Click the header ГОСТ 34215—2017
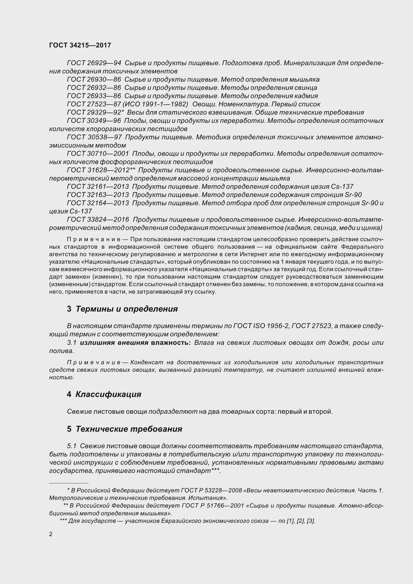(x=80, y=45)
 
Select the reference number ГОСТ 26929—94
(x=94, y=63)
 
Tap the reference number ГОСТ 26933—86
(x=94, y=96)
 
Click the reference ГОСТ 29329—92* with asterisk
(x=95, y=112)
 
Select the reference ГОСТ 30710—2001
(x=98, y=154)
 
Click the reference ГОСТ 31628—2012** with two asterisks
(x=101, y=170)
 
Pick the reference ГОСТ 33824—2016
(x=98, y=219)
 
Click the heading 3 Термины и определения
(x=122, y=309)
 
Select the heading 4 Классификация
(x=104, y=394)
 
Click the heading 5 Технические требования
(x=124, y=429)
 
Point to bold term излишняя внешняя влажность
(x=135, y=343)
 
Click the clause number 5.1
(x=72, y=446)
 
